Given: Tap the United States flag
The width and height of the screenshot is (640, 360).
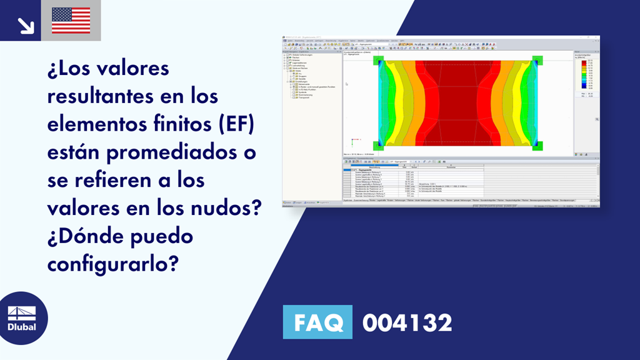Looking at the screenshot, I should click(71, 21).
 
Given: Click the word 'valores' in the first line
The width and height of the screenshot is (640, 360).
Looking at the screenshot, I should click(131, 68).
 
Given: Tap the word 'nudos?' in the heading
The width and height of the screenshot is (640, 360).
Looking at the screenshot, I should click(226, 208).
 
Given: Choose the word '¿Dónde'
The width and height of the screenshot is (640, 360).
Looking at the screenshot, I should click(87, 236).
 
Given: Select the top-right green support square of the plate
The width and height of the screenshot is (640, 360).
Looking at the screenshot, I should click(537, 61).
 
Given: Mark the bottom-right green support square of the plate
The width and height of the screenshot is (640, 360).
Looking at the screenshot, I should click(537, 146).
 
